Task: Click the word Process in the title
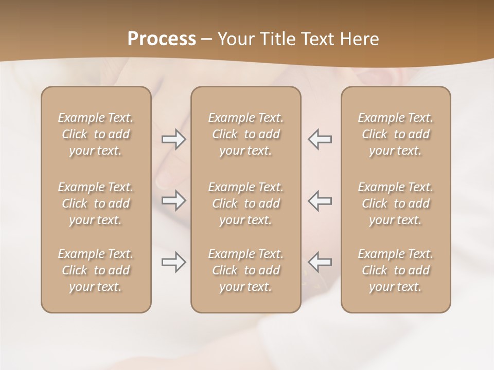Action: [x=162, y=39]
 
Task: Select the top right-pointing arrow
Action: [x=174, y=139]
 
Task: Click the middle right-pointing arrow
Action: [x=174, y=200]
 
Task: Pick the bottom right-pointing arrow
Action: [x=174, y=263]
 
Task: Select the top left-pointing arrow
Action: [x=320, y=139]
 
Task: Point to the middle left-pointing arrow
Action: [x=320, y=200]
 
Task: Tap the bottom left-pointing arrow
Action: [x=320, y=263]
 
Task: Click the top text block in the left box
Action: [x=96, y=134]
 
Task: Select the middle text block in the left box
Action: [x=96, y=203]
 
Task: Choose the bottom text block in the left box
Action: [x=96, y=270]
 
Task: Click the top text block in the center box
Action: [x=246, y=134]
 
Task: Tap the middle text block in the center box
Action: [x=246, y=203]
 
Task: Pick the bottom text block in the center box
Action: [x=246, y=270]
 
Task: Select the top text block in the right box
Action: [x=396, y=134]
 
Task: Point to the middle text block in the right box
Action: [x=396, y=203]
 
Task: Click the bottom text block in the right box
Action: [x=396, y=270]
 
